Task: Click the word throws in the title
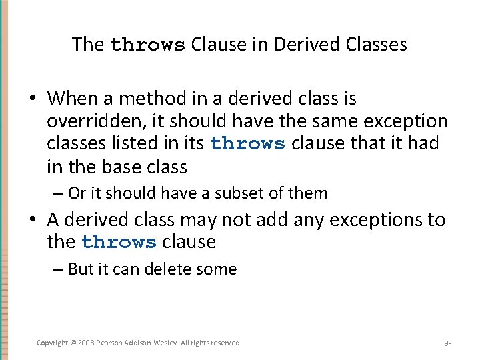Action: click(x=147, y=45)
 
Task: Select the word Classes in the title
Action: click(x=377, y=45)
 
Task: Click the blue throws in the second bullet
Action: click(x=119, y=242)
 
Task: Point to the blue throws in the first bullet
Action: click(x=247, y=144)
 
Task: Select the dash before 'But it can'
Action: click(x=57, y=269)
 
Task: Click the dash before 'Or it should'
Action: click(x=57, y=193)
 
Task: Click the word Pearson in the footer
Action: click(x=118, y=343)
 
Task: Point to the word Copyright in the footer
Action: click(x=52, y=343)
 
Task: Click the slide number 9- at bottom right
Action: click(x=447, y=343)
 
